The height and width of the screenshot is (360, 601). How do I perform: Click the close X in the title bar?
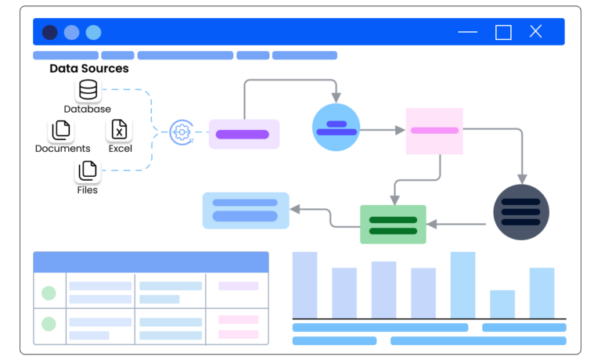tap(535, 31)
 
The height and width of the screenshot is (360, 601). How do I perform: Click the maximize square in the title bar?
tap(503, 32)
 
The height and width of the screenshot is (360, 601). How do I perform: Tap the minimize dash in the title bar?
tap(467, 32)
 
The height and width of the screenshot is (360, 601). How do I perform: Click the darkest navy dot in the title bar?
tap(49, 32)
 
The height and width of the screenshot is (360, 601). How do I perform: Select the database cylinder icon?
tap(88, 89)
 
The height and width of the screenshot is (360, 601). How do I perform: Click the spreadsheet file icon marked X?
tap(119, 129)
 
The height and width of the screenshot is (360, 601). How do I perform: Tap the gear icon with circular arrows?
tap(181, 132)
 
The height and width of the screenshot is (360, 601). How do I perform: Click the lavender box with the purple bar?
tap(243, 134)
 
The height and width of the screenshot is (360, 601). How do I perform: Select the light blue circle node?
tap(336, 128)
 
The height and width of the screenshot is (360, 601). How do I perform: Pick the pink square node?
tap(434, 131)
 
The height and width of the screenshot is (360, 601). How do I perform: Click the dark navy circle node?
tap(521, 212)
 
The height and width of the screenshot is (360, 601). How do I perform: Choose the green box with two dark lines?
tap(393, 225)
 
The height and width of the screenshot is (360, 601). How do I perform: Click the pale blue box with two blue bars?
tap(246, 211)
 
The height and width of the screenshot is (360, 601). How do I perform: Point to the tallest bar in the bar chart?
tap(462, 285)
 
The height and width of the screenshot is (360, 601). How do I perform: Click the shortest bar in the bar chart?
tap(502, 304)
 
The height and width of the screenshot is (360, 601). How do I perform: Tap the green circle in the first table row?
tap(49, 293)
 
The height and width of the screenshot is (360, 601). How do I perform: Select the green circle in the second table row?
tap(49, 323)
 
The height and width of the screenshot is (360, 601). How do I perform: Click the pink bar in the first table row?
tap(238, 286)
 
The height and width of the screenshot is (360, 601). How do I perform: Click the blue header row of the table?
tap(150, 261)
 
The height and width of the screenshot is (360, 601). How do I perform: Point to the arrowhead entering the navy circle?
tap(522, 179)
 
